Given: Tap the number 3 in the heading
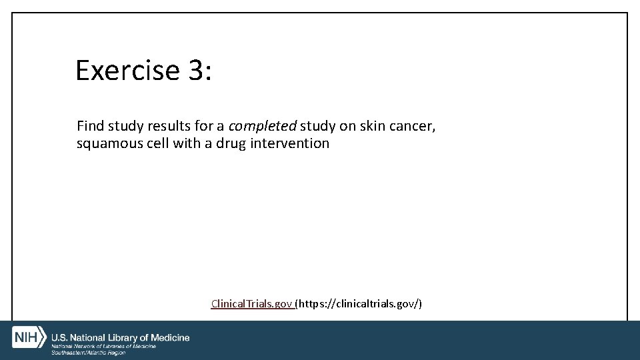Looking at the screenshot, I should [x=197, y=70].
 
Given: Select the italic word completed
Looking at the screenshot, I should [x=263, y=125].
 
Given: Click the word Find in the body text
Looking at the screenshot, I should [x=90, y=125].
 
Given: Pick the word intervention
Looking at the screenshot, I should [x=290, y=143].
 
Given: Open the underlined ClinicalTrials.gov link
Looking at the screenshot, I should [x=251, y=304].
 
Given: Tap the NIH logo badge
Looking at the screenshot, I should [x=29, y=337].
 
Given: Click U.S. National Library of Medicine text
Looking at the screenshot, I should [x=121, y=338].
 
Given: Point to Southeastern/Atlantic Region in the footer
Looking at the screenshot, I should [x=88, y=353].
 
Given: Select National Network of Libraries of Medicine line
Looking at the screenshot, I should [x=103, y=347].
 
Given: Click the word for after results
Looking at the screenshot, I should [x=205, y=125].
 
